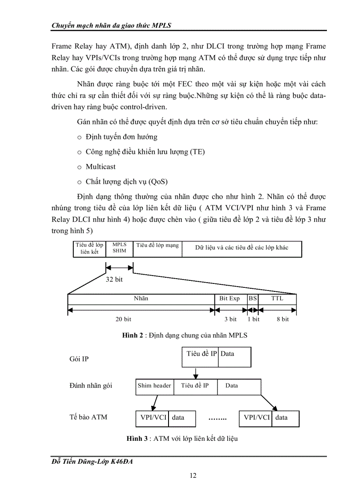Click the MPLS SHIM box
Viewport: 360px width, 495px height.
(x=119, y=248)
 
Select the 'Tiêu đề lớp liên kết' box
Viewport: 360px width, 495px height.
(x=89, y=248)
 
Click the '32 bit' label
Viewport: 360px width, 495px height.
(x=114, y=279)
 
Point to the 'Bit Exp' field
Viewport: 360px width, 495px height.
(x=229, y=299)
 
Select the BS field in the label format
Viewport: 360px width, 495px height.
(x=253, y=299)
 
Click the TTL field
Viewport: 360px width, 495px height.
(x=277, y=299)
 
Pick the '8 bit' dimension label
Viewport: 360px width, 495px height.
(x=282, y=319)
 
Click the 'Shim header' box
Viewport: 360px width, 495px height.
(x=154, y=386)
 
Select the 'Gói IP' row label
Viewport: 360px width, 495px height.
(x=79, y=359)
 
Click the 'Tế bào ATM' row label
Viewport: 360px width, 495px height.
(x=88, y=417)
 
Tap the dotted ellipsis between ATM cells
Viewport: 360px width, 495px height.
(x=217, y=418)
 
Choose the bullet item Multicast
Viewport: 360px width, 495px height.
(x=101, y=167)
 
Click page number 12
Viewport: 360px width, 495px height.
(x=193, y=476)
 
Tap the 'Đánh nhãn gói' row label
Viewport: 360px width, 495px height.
(x=91, y=386)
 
